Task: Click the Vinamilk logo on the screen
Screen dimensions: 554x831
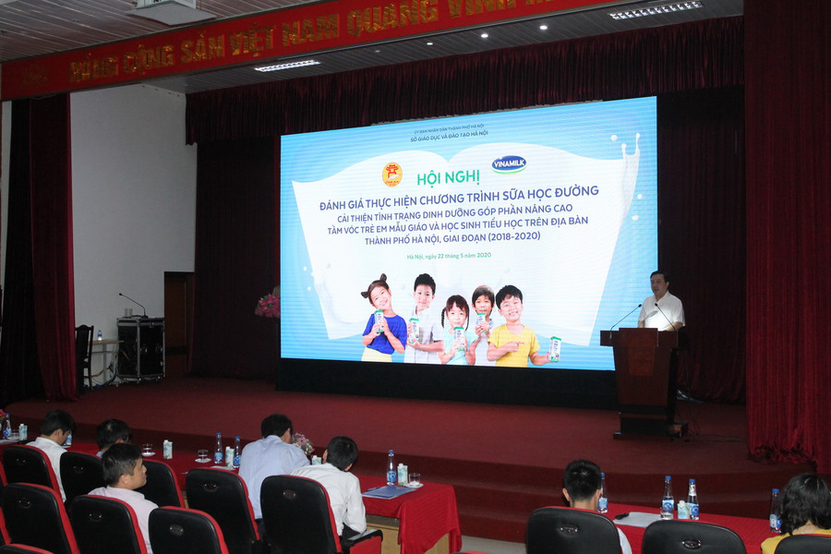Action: (x=509, y=163)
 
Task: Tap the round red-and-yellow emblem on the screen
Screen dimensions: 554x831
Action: (x=392, y=174)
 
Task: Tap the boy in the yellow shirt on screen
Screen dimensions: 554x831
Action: (x=513, y=329)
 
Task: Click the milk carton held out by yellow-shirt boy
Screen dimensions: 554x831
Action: (x=555, y=348)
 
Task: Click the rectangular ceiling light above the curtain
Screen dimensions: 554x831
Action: (x=287, y=66)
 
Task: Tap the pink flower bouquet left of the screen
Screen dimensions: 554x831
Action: (x=269, y=304)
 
